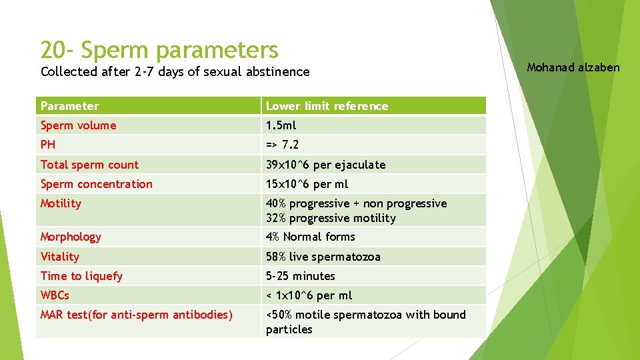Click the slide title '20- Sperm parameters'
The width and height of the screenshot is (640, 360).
click(x=159, y=50)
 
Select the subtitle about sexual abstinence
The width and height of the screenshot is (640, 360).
click(x=175, y=71)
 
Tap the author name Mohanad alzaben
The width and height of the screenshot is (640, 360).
click(x=573, y=67)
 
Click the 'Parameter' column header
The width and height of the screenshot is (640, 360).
click(x=69, y=106)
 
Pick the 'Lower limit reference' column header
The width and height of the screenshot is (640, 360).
click(x=327, y=106)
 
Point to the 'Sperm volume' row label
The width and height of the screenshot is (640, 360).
click(x=78, y=125)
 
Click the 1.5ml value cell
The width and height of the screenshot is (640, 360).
click(x=281, y=125)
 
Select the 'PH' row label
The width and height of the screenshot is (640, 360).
click(x=48, y=145)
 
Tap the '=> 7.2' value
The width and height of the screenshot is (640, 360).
click(x=283, y=145)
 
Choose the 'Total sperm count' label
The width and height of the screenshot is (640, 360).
click(x=89, y=165)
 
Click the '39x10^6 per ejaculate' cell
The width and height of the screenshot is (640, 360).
click(x=325, y=165)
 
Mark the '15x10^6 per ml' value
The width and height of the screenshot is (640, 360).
click(x=307, y=184)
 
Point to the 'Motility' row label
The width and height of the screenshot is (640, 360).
click(x=61, y=203)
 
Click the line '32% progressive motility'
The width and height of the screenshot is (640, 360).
click(x=331, y=218)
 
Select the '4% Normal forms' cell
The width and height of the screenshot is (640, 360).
click(x=310, y=237)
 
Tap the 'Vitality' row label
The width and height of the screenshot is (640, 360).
click(x=59, y=257)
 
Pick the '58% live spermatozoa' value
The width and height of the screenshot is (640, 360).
click(x=323, y=257)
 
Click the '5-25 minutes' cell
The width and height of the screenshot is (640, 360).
click(x=300, y=276)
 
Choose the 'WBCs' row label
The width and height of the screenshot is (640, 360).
click(x=55, y=295)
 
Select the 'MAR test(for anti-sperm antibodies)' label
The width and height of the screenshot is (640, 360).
click(x=136, y=315)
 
